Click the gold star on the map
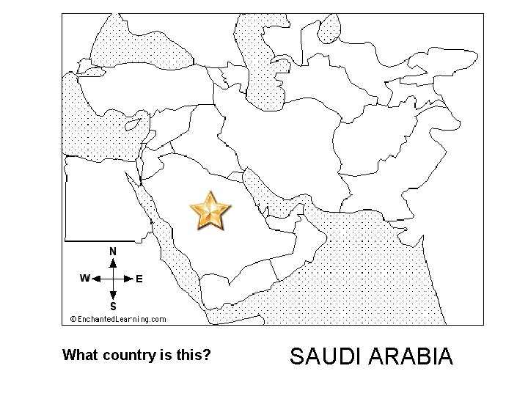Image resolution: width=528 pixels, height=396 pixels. [x=210, y=211]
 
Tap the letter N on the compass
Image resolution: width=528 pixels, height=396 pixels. [x=113, y=252]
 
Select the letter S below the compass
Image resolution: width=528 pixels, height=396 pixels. [x=113, y=306]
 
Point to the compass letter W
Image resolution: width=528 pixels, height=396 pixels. [x=85, y=279]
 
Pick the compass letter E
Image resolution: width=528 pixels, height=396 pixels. [x=139, y=279]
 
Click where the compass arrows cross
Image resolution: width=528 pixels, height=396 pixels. [x=113, y=279]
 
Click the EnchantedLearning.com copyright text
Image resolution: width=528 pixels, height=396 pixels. [x=117, y=319]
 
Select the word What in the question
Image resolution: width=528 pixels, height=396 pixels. [x=79, y=356]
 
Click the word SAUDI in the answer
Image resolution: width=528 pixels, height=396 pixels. [x=323, y=357]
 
